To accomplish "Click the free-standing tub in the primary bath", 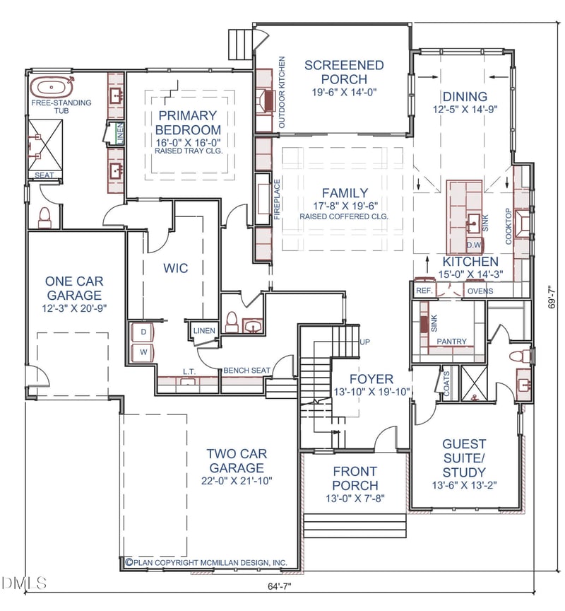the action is tap(52, 87).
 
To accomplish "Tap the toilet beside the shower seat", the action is tap(44, 218).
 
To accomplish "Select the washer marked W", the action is tap(143, 352).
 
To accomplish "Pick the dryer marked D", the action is tap(143, 332).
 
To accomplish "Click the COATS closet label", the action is tap(446, 384).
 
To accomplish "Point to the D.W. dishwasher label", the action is tap(474, 245).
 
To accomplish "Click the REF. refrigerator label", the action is tap(424, 291).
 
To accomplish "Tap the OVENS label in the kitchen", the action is tap(480, 291).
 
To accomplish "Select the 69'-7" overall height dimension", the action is tap(552, 298).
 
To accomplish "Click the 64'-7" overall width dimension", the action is tap(280, 586).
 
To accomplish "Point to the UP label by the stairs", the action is tap(364, 342).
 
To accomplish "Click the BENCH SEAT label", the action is tap(246, 370).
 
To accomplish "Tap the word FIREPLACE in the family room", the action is tap(277, 199).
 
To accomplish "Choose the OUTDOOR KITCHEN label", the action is tap(282, 93).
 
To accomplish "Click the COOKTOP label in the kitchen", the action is tap(509, 226).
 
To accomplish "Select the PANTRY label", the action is tap(451, 342).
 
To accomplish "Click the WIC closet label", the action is tap(175, 268).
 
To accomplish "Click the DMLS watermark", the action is tap(24, 583).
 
